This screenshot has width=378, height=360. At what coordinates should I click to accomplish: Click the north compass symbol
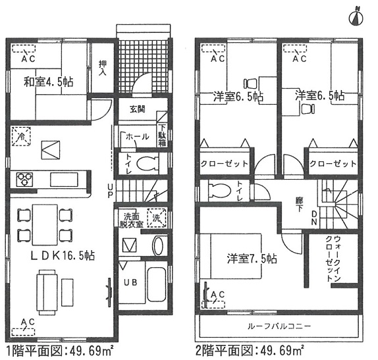[x=356, y=18]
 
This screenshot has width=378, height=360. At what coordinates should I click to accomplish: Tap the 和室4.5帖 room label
[x=49, y=82]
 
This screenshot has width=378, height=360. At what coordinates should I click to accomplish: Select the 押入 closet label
[x=103, y=68]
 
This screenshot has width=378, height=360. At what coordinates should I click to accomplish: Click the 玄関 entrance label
[x=138, y=109]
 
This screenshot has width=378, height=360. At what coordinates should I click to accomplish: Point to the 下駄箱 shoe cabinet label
[x=162, y=136]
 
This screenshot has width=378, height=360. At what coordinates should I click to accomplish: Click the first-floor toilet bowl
[x=148, y=164]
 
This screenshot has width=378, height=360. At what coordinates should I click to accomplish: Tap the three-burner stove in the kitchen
[x=24, y=179]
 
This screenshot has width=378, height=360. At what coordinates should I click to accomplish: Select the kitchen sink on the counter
[x=64, y=180]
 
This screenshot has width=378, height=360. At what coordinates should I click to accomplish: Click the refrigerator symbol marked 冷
[x=22, y=136]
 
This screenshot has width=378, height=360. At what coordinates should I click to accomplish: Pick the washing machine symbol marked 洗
[x=157, y=218]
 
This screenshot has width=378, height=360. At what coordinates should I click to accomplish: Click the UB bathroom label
[x=130, y=282]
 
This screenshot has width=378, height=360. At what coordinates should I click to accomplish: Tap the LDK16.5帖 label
[x=63, y=255]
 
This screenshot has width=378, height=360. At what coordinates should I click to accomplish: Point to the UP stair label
[x=110, y=191]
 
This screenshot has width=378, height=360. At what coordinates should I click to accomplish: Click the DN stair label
[x=314, y=218]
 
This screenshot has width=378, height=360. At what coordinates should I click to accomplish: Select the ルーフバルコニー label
[x=279, y=326]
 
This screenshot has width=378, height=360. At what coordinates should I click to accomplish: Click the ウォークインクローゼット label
[x=333, y=259]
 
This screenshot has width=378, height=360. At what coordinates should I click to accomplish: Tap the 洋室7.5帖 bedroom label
[x=252, y=259]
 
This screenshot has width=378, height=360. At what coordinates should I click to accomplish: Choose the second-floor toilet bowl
[x=219, y=191]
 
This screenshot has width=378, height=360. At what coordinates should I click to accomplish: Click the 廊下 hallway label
[x=300, y=204]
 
